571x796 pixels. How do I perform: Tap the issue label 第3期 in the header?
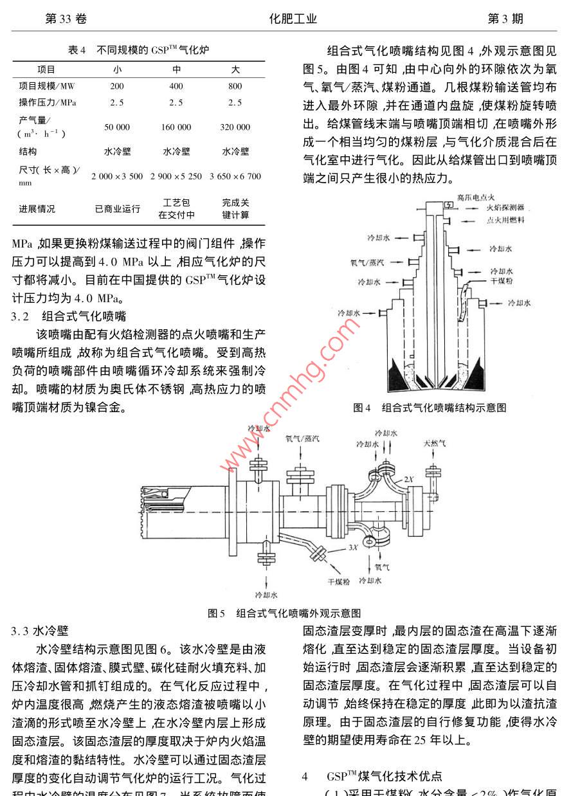505,19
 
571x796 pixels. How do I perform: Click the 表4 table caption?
138,50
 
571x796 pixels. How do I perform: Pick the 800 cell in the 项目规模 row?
235,86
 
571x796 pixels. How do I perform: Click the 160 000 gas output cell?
176,127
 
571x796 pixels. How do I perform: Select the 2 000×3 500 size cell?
117,176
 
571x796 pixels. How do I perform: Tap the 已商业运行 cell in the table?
117,209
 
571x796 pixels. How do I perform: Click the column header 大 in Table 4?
235,69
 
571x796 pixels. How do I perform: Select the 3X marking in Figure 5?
352,548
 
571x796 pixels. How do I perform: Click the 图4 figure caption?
430,407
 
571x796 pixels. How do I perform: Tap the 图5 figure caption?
284,613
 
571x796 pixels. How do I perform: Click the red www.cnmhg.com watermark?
289,402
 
